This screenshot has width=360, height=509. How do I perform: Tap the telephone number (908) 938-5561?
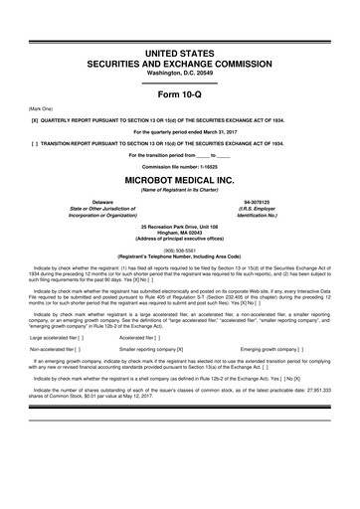point(180,251)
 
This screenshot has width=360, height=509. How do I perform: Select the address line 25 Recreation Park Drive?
point(180,226)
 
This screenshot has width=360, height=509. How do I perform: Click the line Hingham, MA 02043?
point(180,234)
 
